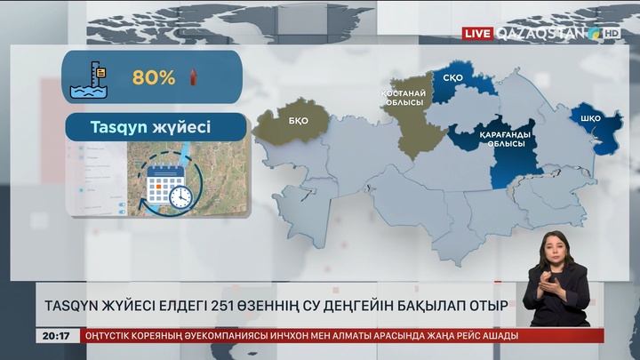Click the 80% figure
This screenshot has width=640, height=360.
(x=154, y=77)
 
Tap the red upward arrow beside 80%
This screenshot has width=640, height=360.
(x=191, y=76)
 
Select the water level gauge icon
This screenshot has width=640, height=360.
(x=92, y=77)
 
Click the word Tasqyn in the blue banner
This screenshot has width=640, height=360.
(x=121, y=127)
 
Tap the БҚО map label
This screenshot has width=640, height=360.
(x=298, y=122)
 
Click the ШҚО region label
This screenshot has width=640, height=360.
(x=589, y=118)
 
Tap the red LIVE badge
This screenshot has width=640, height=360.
(x=477, y=33)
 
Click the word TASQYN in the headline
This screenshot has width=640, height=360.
(x=76, y=306)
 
